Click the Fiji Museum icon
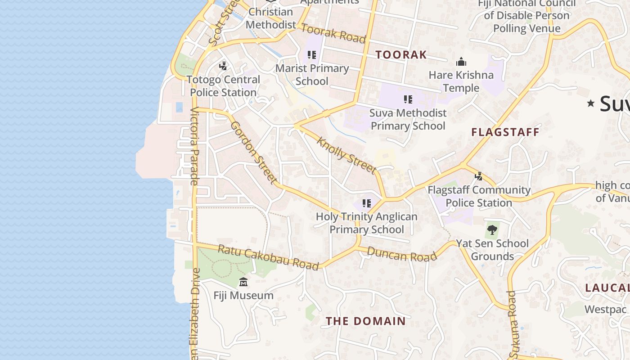[x=243, y=282]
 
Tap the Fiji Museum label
[x=243, y=296]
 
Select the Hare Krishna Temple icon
[x=461, y=62]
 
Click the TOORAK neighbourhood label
[x=401, y=55]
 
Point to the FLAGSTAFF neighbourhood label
[x=505, y=132]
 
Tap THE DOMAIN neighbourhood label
[x=365, y=321]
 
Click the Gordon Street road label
[x=254, y=153]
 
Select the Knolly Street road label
[x=346, y=155]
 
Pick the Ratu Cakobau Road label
[x=269, y=257]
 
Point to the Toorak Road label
[x=333, y=34]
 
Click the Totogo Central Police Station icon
[x=223, y=66]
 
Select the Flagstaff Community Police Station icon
[x=479, y=176]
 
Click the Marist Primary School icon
[x=311, y=55]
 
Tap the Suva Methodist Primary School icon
[x=408, y=99]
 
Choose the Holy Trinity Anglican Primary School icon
[x=367, y=203]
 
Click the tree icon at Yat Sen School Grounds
[x=492, y=230]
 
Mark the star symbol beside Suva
[x=590, y=104]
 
